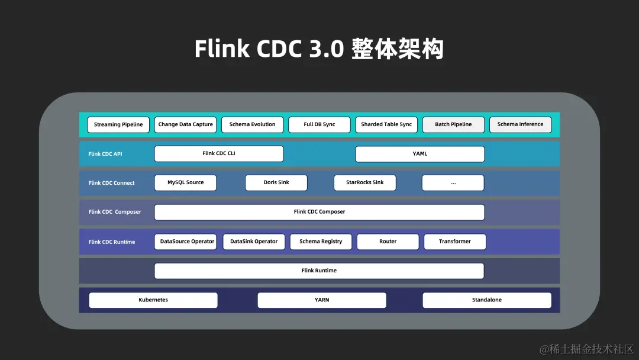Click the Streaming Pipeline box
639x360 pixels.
(118, 125)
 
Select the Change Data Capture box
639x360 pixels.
(185, 125)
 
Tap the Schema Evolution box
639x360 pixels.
(252, 125)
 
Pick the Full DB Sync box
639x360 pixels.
(319, 125)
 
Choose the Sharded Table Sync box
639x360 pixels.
(386, 125)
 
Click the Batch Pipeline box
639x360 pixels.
(453, 125)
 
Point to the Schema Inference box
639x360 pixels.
(520, 125)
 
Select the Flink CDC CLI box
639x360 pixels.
(219, 154)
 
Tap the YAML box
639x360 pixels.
(419, 154)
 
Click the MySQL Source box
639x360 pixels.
(185, 183)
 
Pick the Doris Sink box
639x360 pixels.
(276, 183)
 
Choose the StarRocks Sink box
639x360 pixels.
(364, 183)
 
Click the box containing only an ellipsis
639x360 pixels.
(453, 183)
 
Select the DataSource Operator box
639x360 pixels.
(187, 242)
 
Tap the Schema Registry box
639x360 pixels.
(321, 242)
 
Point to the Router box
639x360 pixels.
(388, 242)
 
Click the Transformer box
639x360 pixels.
(455, 242)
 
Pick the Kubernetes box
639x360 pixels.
(153, 300)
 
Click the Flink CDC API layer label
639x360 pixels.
(105, 154)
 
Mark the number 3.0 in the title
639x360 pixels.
(326, 49)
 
